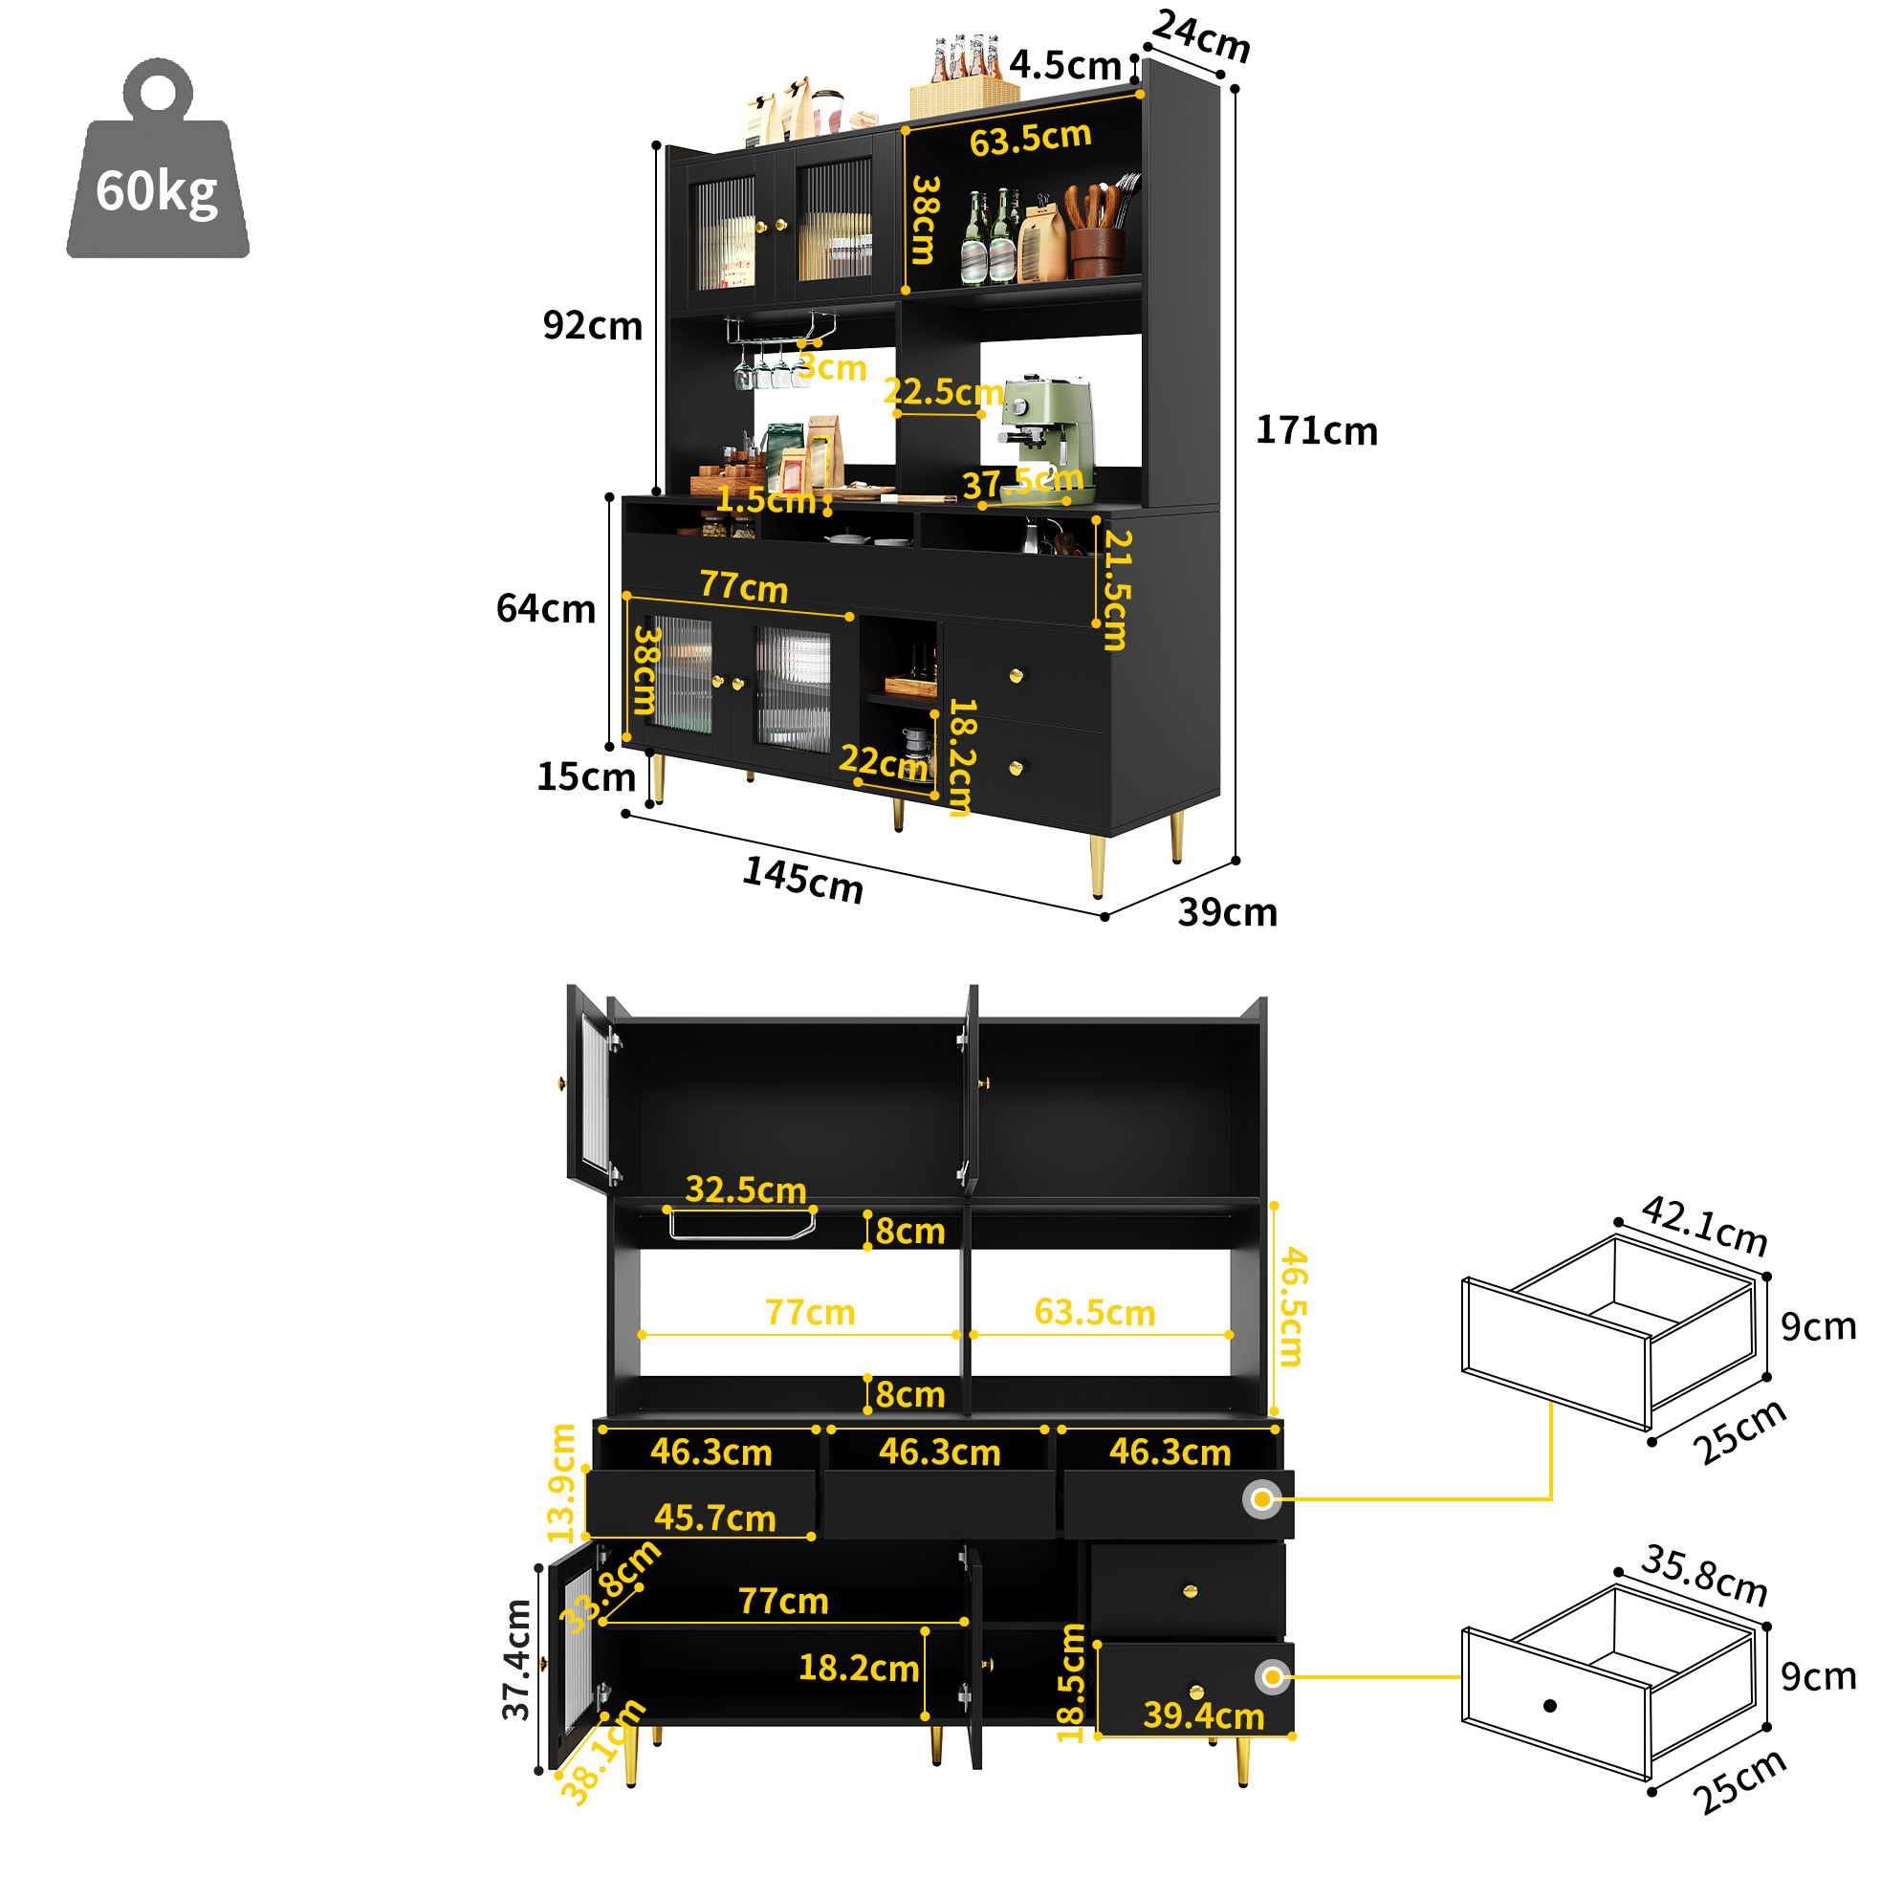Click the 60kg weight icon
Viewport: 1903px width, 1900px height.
158,160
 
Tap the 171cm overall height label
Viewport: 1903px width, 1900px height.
1316,431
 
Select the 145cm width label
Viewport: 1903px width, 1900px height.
802,879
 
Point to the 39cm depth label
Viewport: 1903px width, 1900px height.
1227,912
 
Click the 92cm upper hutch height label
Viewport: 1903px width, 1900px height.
592,325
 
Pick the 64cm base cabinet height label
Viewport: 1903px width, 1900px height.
546,609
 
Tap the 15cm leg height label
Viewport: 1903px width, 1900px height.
586,777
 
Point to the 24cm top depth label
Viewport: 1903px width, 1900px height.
1202,35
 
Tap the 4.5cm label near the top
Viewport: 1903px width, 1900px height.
1064,65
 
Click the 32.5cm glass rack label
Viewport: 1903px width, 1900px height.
746,1189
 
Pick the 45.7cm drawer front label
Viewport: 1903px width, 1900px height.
715,1518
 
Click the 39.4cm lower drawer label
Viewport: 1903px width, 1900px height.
1204,1715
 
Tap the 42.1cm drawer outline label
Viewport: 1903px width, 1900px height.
1704,1226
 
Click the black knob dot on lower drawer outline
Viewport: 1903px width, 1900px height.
1549,1705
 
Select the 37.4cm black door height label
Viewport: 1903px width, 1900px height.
517,1660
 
